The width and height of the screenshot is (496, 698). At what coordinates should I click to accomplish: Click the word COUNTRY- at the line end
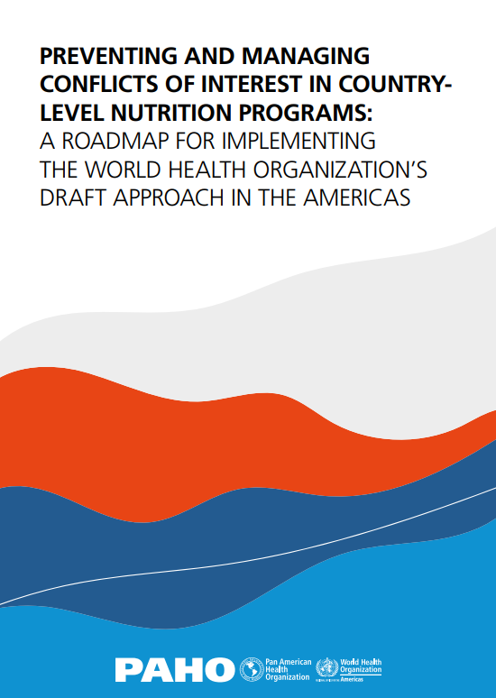395,85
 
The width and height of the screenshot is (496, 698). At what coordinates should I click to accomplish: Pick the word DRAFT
73,199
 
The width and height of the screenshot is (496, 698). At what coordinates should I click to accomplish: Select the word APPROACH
177,199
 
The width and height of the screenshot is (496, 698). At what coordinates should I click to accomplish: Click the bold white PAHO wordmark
174,669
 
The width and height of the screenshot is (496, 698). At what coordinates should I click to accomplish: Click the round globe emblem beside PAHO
250,669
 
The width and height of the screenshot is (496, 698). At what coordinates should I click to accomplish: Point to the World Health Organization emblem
326,668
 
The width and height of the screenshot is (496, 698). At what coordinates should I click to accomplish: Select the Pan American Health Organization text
287,669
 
